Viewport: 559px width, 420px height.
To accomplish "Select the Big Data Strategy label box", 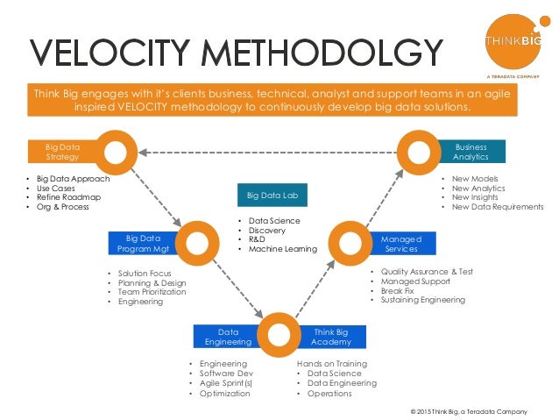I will coord(63,152).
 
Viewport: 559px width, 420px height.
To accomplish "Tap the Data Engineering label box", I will coord(229,337).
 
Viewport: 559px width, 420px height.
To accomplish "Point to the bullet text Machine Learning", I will coord(282,249).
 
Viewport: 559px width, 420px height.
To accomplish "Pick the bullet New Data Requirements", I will coord(497,207).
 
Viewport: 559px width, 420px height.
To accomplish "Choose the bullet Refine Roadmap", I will coord(68,197).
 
